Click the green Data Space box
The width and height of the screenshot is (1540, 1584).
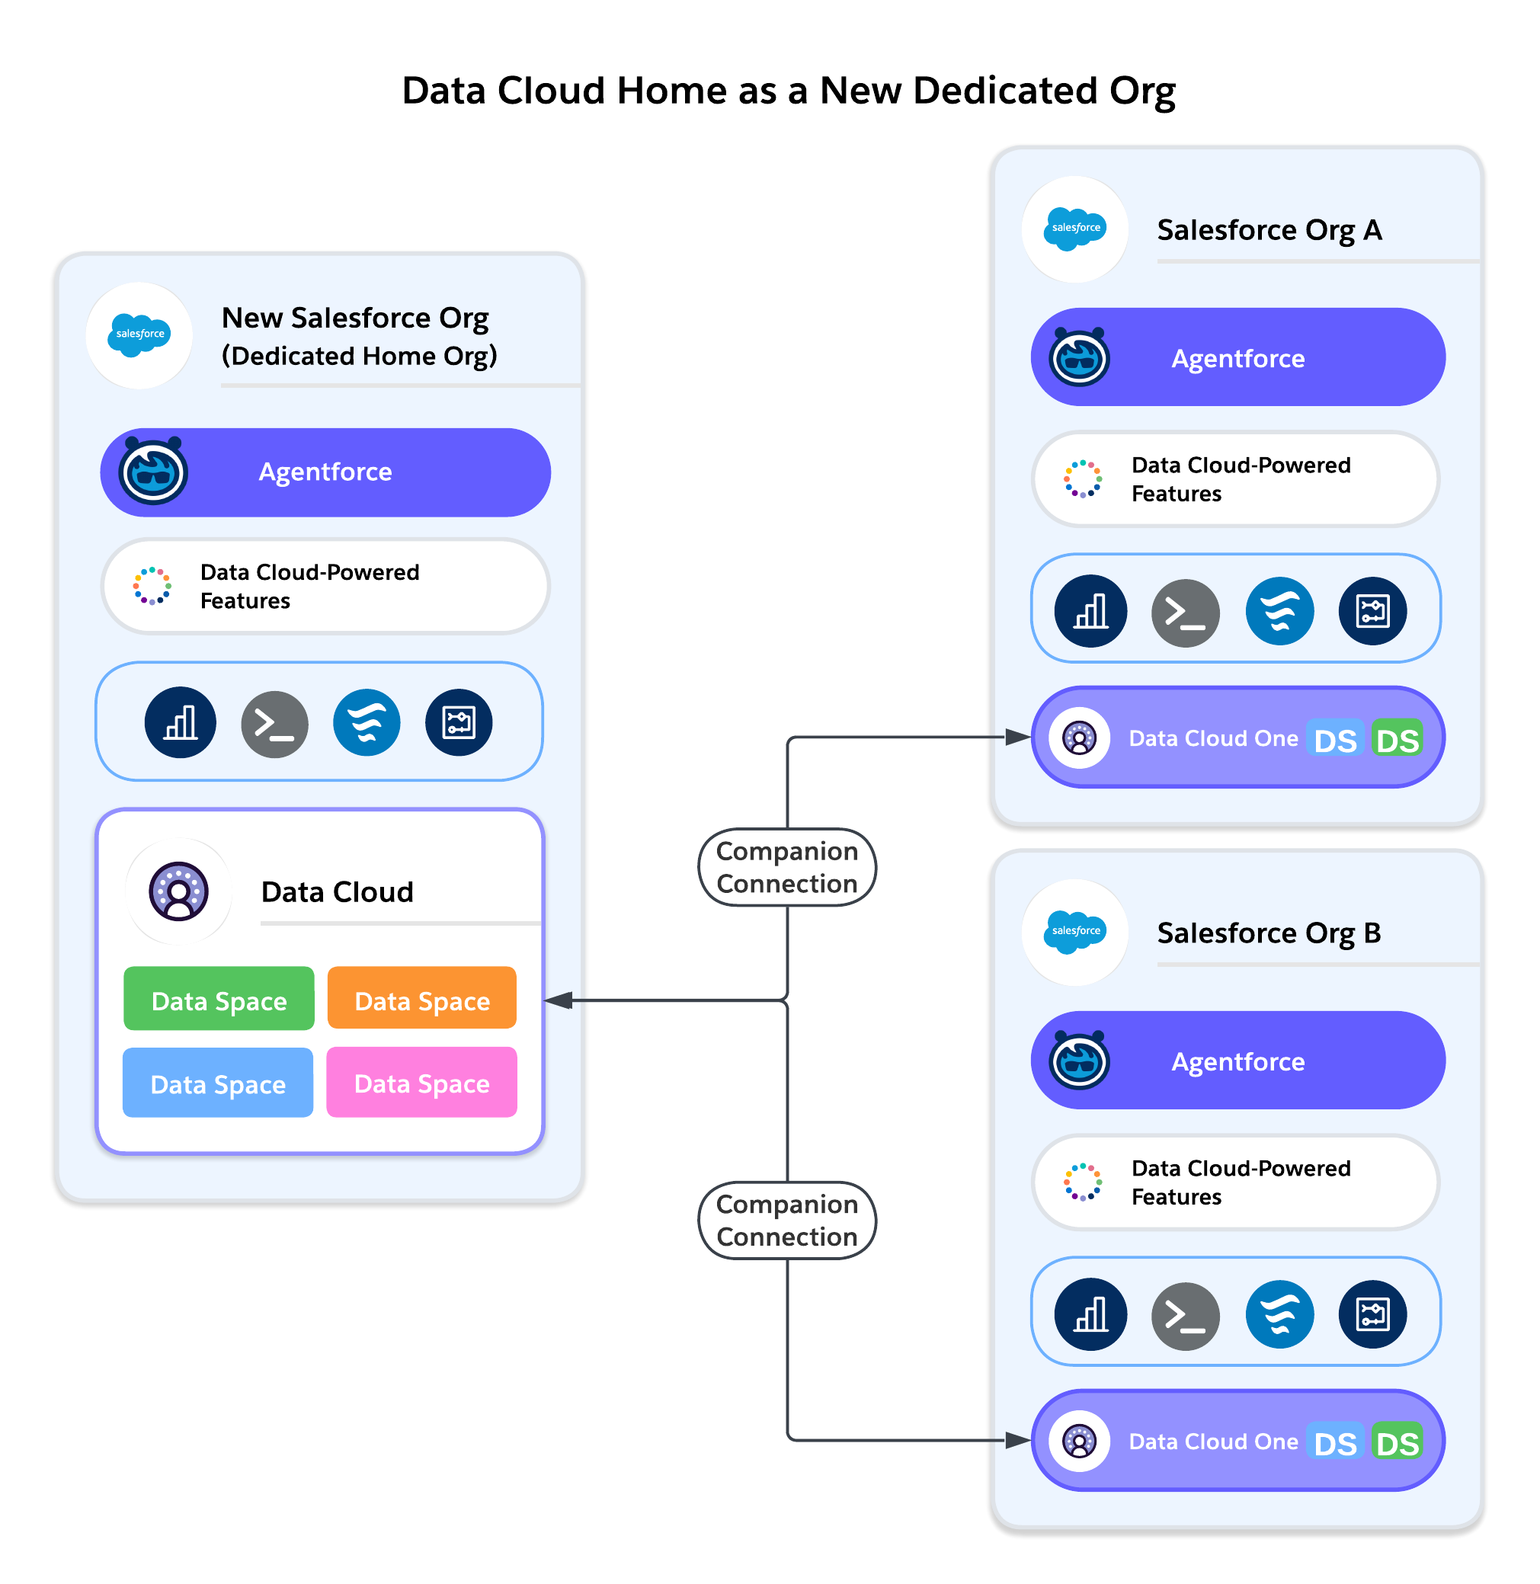pos(219,1000)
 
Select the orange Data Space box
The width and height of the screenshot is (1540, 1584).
pos(421,1000)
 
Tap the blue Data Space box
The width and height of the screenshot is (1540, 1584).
pos(218,1083)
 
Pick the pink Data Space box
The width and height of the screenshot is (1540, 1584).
pos(421,1083)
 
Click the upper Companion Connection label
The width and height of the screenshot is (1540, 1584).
pos(787,868)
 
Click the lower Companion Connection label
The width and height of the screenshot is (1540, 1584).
pos(787,1220)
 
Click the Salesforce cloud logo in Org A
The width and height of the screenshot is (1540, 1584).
pos(1075,229)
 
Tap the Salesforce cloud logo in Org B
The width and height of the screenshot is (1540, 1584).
pos(1075,933)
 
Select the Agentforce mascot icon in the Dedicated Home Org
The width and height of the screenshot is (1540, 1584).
pos(153,472)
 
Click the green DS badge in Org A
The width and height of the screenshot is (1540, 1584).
pos(1397,740)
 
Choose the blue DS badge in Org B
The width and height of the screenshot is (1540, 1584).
pos(1334,1443)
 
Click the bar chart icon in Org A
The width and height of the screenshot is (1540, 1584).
pos(1090,611)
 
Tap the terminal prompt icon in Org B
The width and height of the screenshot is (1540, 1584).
pos(1185,1316)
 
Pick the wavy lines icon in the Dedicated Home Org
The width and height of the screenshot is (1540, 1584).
pos(367,722)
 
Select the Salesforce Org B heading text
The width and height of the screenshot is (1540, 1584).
pos(1268,933)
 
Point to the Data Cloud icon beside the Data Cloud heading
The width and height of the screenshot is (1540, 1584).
pos(179,892)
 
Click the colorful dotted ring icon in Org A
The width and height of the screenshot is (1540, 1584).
pos(1082,478)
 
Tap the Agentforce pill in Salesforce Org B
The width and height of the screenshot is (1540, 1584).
pos(1237,1061)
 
